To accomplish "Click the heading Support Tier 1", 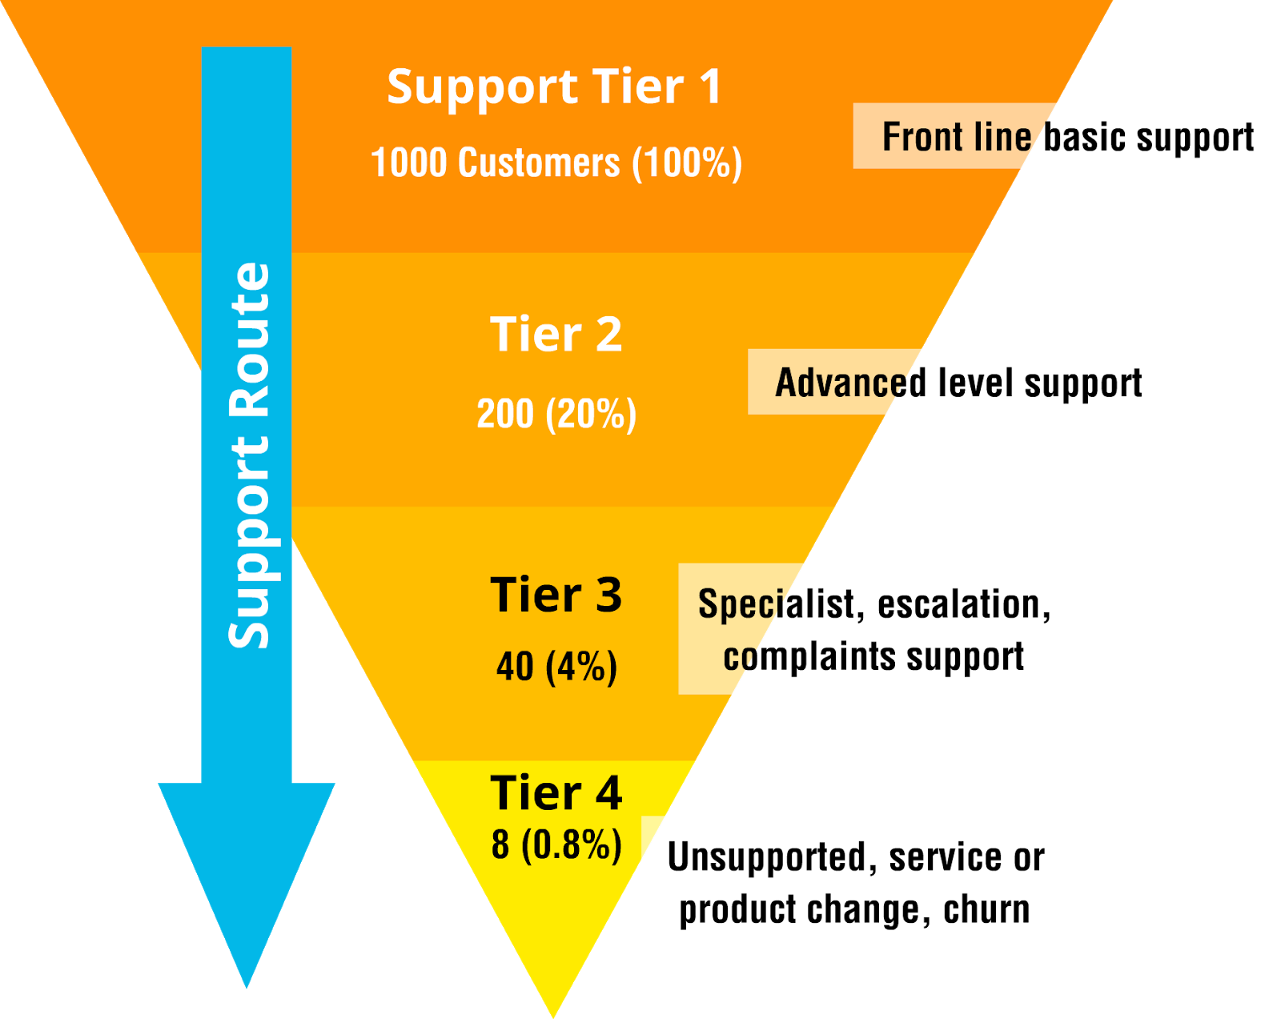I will click(554, 87).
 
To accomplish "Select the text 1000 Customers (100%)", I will click(556, 163).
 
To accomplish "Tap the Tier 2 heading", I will click(556, 335).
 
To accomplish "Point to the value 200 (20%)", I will click(556, 415).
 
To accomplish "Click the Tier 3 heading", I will click(556, 596).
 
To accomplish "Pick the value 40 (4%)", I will click(556, 667).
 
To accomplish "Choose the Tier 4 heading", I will click(556, 793).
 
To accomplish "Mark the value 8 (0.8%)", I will click(556, 845).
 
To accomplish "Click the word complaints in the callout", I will click(809, 657).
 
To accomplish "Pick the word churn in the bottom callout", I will click(986, 910).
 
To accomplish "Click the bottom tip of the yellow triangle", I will click(553, 1013).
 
